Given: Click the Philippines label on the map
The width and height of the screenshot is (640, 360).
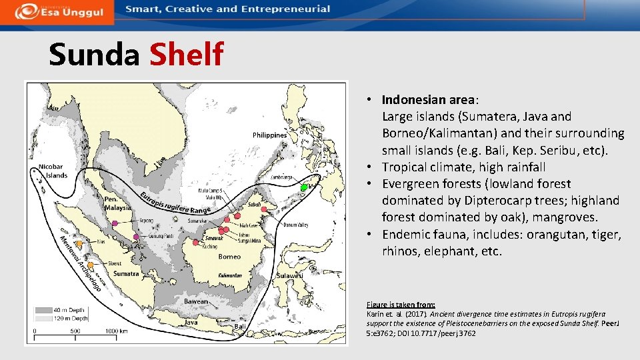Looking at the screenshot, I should pos(269,135).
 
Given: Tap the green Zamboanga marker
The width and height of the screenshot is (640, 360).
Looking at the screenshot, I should pos(303,187).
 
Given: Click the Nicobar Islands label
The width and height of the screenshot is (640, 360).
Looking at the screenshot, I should pos(52,171).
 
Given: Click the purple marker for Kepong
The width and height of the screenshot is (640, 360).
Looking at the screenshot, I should pos(115,223).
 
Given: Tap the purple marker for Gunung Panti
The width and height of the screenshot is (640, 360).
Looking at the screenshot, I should pos(136,237).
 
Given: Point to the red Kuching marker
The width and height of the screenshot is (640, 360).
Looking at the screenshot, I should pos(196,242).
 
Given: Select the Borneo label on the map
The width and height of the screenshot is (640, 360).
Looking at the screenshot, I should pos(229,257).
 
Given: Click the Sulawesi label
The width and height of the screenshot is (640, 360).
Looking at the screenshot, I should pos(290,275).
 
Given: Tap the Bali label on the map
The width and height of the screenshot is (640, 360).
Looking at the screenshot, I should pos(240,326).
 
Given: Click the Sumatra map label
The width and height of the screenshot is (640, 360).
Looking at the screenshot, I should pos(126,274).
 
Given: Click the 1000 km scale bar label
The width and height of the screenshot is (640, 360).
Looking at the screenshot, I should pos(117,331).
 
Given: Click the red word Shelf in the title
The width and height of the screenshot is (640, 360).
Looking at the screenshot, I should pos(186,55).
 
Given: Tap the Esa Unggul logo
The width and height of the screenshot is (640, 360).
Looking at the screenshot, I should pos(56,11).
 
